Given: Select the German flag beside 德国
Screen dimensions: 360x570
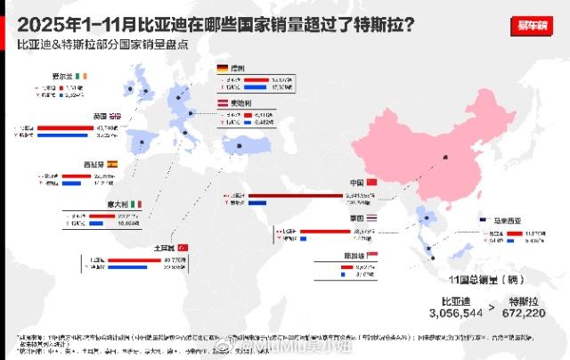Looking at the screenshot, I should click(223, 68).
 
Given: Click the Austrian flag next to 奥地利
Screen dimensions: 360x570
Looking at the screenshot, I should click(223, 104).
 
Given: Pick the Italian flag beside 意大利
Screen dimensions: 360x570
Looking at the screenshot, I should click(136, 204).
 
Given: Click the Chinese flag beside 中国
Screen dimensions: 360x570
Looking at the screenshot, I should click(373, 183).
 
